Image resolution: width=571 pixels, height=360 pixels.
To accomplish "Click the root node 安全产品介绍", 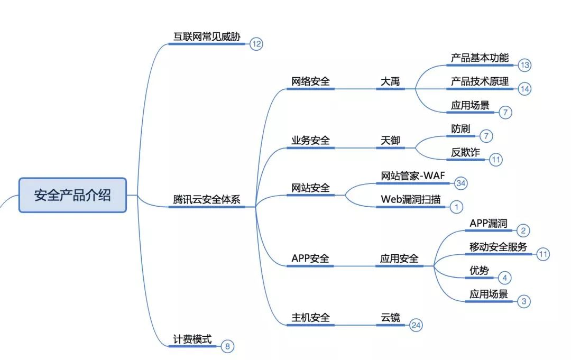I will coord(72,195).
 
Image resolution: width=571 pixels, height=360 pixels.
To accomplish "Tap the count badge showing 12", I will coord(256,44).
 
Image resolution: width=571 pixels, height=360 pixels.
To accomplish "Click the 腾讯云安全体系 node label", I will coord(207,200).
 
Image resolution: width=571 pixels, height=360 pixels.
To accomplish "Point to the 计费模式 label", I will coord(192,339).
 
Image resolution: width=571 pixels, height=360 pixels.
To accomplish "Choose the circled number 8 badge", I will coord(227,347).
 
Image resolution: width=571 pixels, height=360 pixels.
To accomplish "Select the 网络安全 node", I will coord(310,81).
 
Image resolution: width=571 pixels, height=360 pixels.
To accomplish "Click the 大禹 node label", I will coord(390,81).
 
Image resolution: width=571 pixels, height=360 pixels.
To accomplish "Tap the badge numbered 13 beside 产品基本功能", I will coord(524,65).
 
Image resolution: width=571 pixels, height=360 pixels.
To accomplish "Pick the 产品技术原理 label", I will coord(480,81).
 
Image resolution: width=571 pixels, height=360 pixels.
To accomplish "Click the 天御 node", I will coord(390,141).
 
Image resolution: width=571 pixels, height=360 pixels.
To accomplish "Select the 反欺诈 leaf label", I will coord(465,152).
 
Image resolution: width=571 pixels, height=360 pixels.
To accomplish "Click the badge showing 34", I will coord(461,183).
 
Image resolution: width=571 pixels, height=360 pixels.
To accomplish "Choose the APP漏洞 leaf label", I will coord(488,224).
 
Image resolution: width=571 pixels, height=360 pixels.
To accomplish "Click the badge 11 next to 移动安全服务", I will coord(543,254).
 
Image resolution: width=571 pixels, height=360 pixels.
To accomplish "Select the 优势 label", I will coord(479,271).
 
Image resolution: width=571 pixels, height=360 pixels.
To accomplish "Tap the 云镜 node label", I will coord(390,318).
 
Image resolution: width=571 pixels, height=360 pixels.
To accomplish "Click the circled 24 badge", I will coord(416,325).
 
